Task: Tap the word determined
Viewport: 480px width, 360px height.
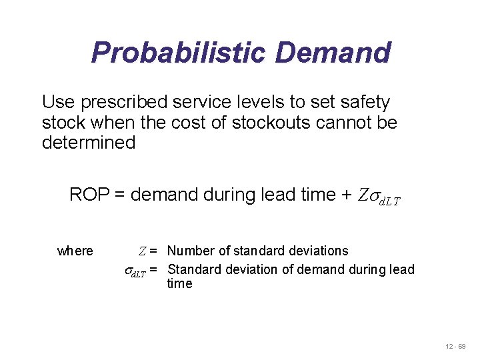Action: point(89,143)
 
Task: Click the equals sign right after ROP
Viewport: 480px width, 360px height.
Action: point(120,195)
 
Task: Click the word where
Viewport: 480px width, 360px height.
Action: point(75,251)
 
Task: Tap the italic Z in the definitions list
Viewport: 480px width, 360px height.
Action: point(142,251)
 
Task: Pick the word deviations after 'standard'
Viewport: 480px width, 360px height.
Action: point(319,251)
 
